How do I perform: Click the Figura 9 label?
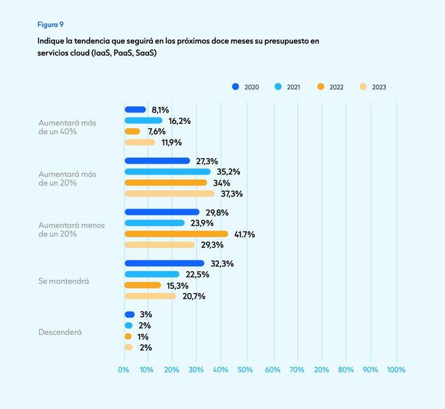pos(50,25)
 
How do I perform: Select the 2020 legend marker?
pos(236,87)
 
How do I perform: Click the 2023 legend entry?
pos(374,87)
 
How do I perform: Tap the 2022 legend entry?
pos(331,87)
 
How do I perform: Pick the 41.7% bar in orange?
pos(176,234)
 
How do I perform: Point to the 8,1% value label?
pos(160,110)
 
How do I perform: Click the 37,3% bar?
pos(169,194)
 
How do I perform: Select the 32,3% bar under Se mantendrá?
pos(164,263)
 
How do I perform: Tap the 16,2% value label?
pos(179,121)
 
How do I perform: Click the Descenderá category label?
pos(60,332)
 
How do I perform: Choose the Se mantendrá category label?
pos(64,280)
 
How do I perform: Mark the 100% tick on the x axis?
pos(396,369)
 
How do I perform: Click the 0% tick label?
pos(123,369)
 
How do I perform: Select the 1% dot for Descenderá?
pos(128,337)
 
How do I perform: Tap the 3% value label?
pos(145,315)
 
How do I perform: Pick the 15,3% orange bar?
pos(142,285)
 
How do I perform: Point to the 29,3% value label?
pos(212,245)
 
